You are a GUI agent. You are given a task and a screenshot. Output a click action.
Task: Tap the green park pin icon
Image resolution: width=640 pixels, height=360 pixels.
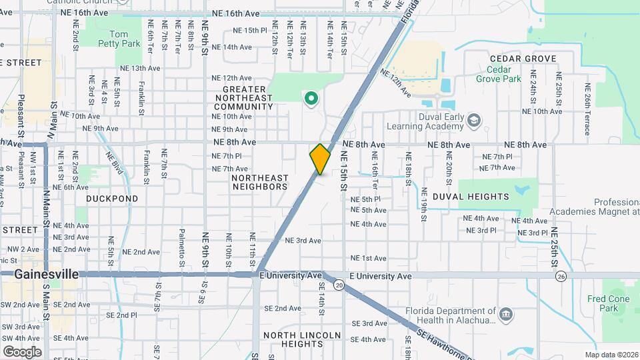point(310,99)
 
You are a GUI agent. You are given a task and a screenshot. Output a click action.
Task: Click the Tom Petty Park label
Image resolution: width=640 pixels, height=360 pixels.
point(125,39)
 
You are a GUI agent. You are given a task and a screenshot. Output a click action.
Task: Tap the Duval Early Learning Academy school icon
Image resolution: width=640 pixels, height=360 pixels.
point(474,120)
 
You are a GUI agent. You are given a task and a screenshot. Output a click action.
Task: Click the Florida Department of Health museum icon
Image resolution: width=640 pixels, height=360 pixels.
point(505,313)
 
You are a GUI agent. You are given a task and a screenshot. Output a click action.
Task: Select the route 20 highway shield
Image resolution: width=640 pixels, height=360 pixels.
point(339,285)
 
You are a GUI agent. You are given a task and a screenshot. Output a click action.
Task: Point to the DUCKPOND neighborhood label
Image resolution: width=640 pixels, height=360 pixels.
point(112,199)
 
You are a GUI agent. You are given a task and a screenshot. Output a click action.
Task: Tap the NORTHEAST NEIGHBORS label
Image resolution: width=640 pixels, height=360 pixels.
point(260,182)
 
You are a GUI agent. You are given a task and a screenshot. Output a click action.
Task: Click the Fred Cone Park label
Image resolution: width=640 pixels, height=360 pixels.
point(604,303)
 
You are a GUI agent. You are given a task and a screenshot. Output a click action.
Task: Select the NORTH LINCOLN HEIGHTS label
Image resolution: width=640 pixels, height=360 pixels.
point(302,339)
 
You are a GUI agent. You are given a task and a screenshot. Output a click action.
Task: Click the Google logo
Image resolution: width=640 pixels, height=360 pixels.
point(22,351)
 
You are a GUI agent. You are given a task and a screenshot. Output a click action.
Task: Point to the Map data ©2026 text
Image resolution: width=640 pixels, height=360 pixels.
point(611,355)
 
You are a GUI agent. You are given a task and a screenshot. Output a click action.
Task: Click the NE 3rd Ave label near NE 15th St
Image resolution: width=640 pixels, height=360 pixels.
point(303,241)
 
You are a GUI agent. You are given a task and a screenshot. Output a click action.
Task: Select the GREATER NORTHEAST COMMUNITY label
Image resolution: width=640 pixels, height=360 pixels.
point(248,97)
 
